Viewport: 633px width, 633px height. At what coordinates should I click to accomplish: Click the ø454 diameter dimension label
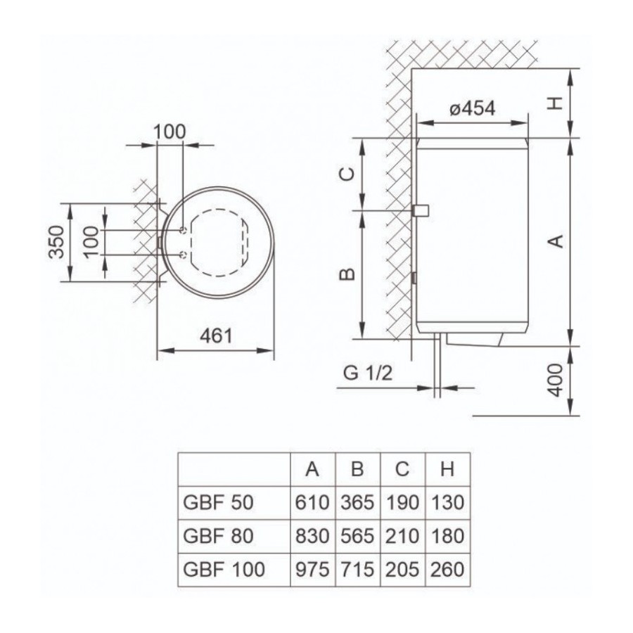pos(473,108)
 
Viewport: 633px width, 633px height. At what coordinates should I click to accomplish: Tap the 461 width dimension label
pos(217,336)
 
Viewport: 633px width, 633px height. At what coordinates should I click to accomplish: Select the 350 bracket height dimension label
pos(56,242)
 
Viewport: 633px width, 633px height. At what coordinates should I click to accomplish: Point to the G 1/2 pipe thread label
pos(368,373)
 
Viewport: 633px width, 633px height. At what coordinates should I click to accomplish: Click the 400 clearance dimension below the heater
pos(556,380)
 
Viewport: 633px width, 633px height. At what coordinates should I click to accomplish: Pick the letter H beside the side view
pos(556,103)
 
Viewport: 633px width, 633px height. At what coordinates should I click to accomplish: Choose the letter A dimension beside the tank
pos(556,241)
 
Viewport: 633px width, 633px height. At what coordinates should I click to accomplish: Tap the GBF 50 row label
pos(218,503)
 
